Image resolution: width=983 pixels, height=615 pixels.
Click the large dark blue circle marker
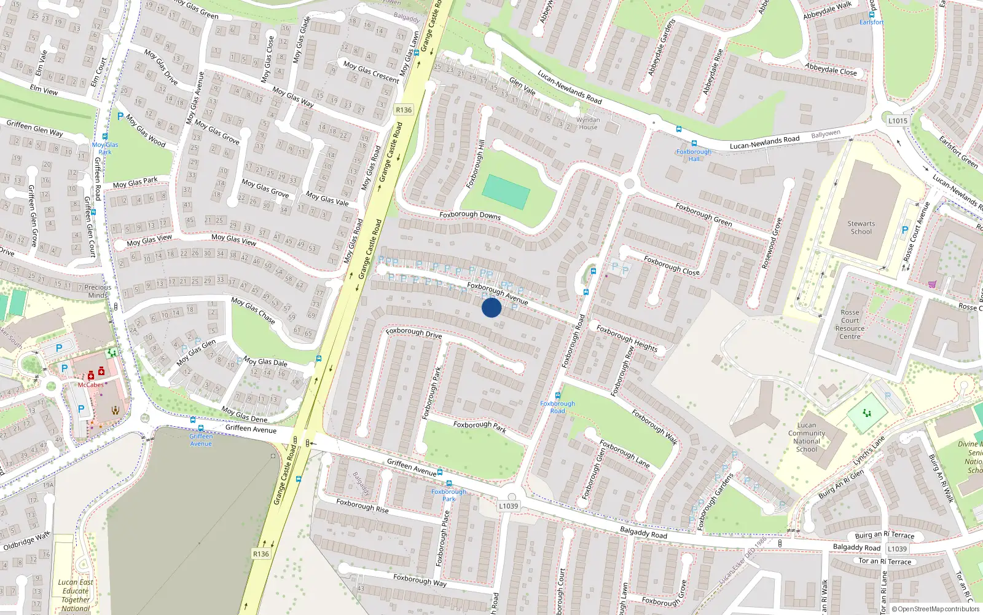pos(491,307)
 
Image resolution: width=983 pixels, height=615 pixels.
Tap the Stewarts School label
pos(861,228)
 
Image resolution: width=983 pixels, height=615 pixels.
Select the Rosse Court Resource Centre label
pos(850,324)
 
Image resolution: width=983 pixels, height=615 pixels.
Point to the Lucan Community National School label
pos(807,437)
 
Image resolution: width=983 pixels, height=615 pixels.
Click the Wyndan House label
pos(588,124)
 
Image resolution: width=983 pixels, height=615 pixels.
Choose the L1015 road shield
pos(898,121)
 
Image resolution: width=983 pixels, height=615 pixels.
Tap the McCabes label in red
pos(90,385)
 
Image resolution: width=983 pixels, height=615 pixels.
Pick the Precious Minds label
pos(98,291)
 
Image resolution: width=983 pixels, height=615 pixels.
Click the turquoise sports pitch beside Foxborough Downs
pos(506,192)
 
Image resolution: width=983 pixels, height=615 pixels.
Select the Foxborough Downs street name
pos(470,215)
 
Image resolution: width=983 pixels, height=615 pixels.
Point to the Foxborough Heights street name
pos(627,338)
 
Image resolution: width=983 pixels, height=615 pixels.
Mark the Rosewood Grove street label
pos(772,244)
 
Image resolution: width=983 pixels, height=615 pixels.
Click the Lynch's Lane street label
pos(869,451)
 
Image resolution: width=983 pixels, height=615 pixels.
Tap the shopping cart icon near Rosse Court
pos(932,284)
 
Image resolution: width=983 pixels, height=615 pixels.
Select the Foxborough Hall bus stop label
pos(694,155)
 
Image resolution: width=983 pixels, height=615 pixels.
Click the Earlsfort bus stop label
pos(871,22)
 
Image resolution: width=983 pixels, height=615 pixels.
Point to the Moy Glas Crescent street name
pos(371,71)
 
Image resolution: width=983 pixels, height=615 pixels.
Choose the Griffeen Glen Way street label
pos(34,129)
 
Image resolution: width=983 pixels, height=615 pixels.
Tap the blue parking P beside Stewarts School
pos(904,230)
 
